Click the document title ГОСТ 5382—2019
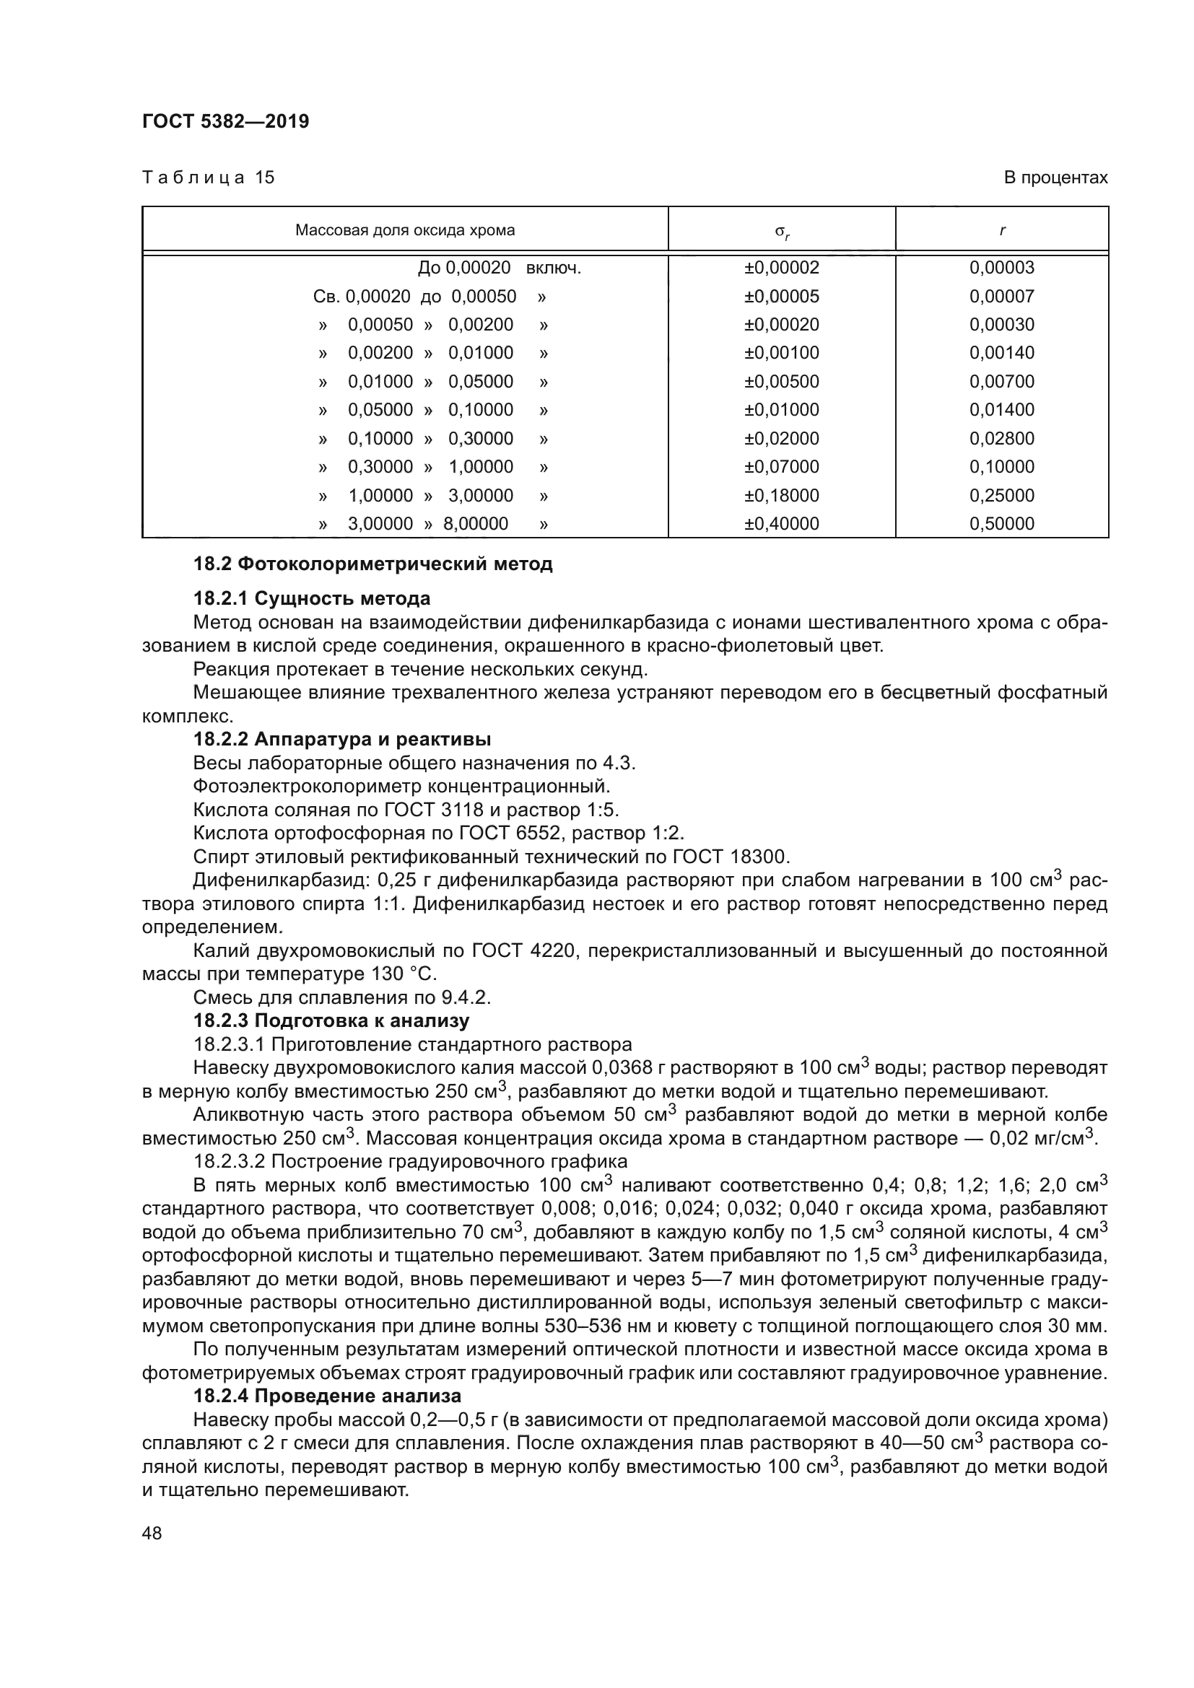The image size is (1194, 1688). click(225, 121)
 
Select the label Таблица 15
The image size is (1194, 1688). click(208, 178)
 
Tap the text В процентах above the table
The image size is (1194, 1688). click(1055, 178)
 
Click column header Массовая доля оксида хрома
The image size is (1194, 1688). click(404, 230)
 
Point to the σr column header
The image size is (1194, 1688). click(782, 232)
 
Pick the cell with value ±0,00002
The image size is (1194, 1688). click(781, 268)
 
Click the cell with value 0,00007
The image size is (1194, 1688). click(1001, 297)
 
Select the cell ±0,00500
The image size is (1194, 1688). click(781, 382)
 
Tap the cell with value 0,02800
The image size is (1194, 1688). click(1001, 439)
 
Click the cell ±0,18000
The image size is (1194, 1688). click(781, 496)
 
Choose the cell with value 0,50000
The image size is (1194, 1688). click(1001, 523)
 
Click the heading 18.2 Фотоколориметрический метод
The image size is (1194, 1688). click(372, 564)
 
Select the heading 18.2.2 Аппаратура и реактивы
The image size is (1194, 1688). click(342, 740)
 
